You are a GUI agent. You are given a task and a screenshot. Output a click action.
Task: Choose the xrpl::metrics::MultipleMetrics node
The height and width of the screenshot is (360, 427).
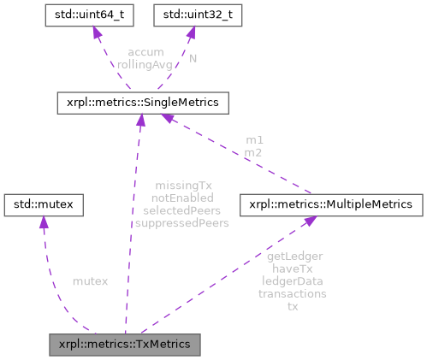[x=331, y=204]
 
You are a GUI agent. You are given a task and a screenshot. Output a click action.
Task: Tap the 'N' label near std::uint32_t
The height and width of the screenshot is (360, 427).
[x=193, y=57]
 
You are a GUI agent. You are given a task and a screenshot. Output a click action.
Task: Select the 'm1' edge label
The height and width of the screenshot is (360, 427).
[x=254, y=140]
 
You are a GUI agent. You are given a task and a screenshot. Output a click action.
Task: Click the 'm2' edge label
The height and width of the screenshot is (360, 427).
[x=254, y=151]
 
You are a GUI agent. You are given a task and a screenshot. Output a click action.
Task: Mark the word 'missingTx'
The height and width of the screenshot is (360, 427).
[x=181, y=186]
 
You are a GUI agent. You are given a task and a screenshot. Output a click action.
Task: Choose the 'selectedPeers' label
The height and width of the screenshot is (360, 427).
[x=181, y=210]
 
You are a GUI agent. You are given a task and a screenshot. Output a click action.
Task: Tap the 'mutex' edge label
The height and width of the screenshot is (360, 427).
[x=90, y=280]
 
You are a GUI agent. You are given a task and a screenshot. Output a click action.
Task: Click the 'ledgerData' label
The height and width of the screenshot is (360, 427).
[x=293, y=280]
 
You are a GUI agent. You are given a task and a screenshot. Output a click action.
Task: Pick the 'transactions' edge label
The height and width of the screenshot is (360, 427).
[x=293, y=292]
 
